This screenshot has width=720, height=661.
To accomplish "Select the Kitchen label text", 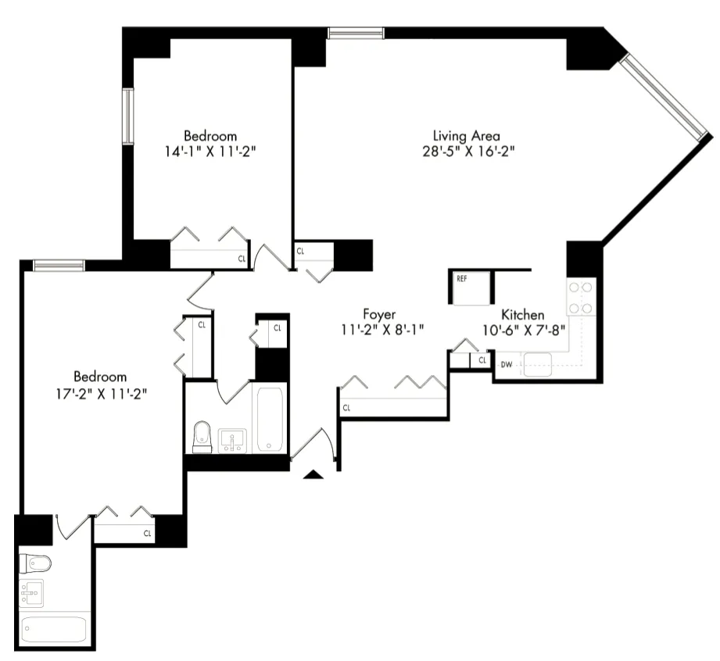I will [x=523, y=314].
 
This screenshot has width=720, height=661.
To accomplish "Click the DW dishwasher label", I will [x=506, y=364].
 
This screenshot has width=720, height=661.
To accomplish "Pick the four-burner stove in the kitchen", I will [x=581, y=296].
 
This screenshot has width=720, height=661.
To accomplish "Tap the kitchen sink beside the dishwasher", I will [x=538, y=364].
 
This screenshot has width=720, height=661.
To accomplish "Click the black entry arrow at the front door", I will [x=313, y=473].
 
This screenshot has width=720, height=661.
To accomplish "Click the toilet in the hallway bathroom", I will [x=202, y=436].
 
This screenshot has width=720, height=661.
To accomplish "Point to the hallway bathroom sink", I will [x=232, y=440].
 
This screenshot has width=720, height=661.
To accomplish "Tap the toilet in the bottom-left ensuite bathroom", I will [x=35, y=562].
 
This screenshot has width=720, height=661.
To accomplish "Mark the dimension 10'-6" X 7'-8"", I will [x=523, y=330].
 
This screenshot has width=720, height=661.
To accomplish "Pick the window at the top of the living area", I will [x=356, y=33].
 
